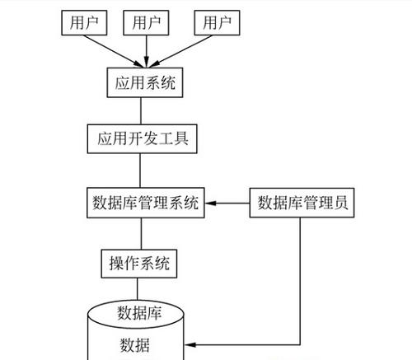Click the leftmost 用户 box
pos(85,22)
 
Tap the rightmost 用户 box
pos(217,22)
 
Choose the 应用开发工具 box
pos(140,137)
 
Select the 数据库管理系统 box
pos(145,203)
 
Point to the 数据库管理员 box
pos(302,203)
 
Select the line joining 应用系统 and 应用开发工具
pos(140,110)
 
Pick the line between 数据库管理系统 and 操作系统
pos(140,233)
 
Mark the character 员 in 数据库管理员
pos(345,203)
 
